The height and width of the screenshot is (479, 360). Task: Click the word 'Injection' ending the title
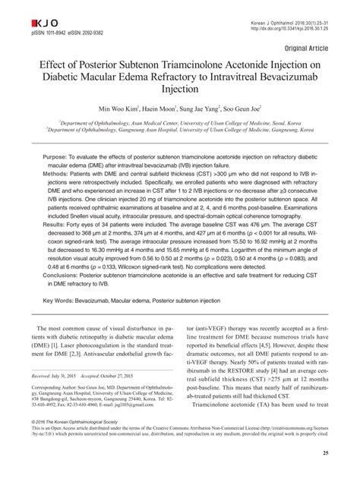pyautogui.click(x=180, y=90)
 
